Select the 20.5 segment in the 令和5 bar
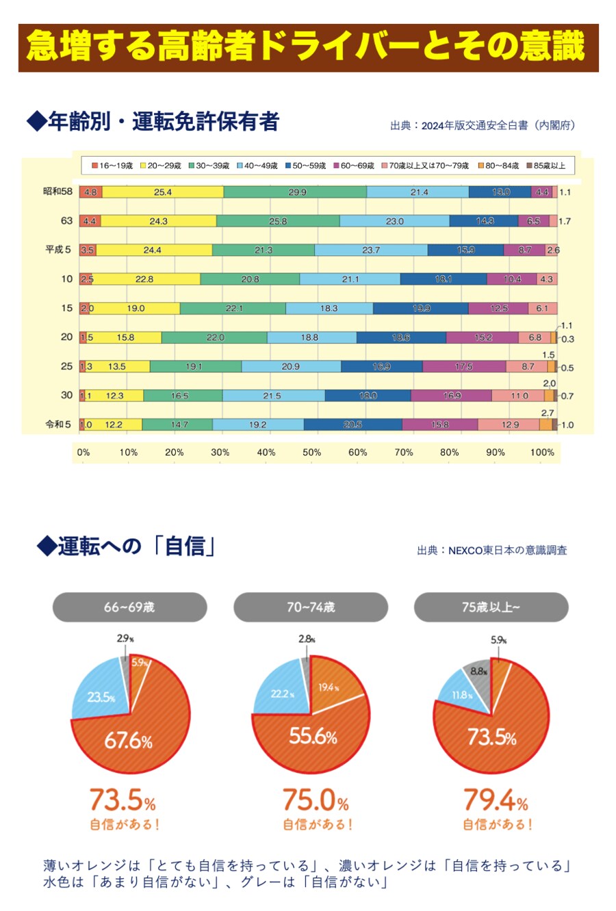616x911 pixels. point(352,425)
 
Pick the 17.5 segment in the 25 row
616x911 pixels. point(464,367)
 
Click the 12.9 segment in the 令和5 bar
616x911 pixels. point(510,425)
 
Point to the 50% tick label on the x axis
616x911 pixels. point(312,452)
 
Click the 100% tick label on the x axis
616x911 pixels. point(542,452)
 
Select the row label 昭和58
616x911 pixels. point(57,192)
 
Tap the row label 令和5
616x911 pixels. point(58,424)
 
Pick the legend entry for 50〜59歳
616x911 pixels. point(305,166)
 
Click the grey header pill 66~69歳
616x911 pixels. point(129,607)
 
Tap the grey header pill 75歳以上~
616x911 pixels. point(491,607)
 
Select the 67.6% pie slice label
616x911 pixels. point(128,741)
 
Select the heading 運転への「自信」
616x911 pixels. point(127,546)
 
